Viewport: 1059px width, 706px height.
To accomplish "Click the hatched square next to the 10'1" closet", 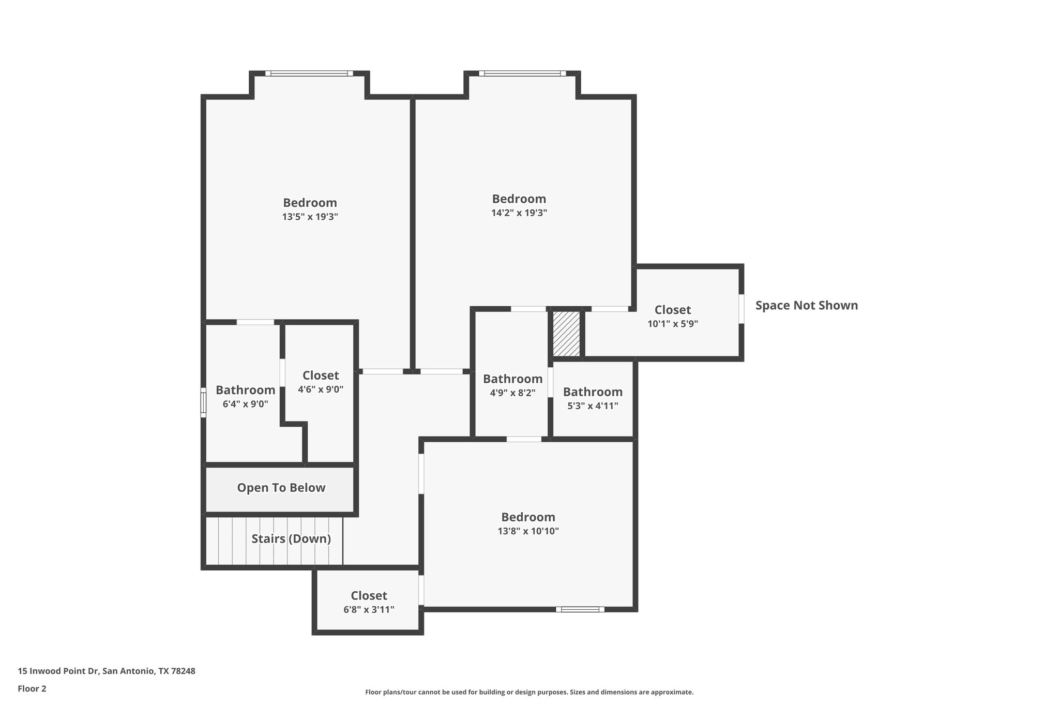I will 566,334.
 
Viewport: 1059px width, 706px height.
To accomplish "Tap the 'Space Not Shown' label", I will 806,306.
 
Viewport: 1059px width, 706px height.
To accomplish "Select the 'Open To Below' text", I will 281,488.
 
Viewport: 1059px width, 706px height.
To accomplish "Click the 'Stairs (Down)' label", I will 291,539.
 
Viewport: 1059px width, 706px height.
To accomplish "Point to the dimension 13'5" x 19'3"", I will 310,217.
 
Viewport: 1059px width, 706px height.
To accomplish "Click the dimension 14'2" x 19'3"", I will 519,213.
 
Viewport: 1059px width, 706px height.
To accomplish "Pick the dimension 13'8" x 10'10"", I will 528,531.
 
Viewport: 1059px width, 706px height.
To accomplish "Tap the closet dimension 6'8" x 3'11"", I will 369,610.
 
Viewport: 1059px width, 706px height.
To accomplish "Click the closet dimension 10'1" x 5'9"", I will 673,324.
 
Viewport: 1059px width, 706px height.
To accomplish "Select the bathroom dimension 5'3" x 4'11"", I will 593,406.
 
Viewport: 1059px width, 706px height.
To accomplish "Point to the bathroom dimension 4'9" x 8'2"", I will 512,393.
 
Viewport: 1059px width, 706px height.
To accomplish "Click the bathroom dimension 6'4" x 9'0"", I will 245,404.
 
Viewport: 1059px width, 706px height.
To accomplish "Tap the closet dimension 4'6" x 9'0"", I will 321,389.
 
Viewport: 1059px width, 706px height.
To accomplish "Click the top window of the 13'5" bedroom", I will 309,73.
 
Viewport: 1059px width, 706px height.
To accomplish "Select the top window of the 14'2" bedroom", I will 522,73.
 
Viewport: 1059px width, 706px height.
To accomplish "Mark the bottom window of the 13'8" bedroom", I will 580,609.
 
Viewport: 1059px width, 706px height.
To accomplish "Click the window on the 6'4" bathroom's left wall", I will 203,402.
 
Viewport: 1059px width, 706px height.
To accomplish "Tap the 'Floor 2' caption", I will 32,688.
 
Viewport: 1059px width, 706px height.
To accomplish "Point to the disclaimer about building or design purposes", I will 529,692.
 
